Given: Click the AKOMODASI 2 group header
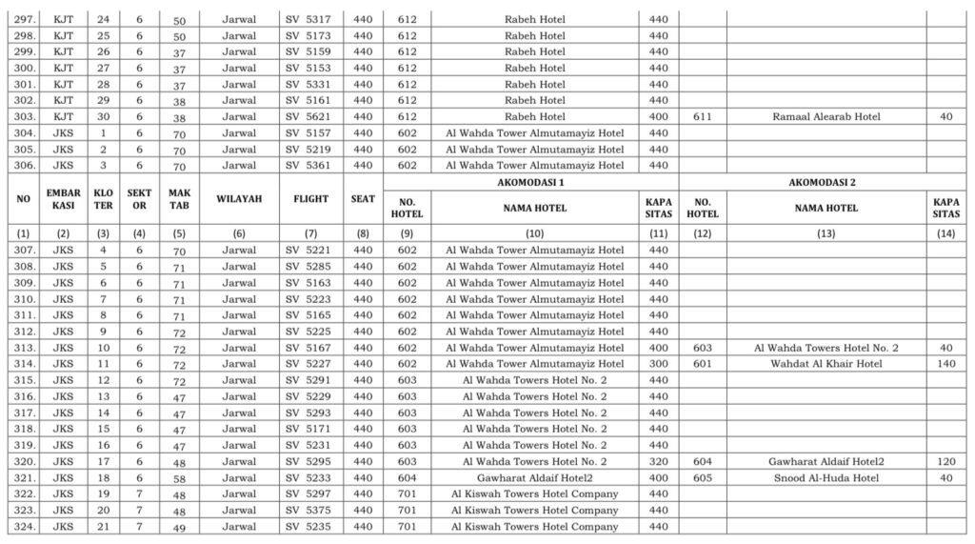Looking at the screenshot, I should (826, 181).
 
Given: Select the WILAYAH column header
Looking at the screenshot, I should (239, 199).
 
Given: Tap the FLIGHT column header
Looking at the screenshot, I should (310, 199).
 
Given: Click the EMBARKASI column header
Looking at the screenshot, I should (64, 199).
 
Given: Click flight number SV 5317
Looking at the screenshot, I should (308, 19).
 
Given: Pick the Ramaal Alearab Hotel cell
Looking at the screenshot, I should (826, 116).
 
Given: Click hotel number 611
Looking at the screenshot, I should (703, 116).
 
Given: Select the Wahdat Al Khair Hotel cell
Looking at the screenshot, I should (826, 364).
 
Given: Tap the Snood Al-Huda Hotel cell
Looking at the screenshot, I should (826, 477).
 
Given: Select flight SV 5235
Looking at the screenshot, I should (308, 526).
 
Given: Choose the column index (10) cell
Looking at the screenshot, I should (534, 232).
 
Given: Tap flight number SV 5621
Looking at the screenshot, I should (308, 116).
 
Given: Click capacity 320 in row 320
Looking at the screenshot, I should (658, 461).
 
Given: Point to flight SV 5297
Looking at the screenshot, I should (308, 494).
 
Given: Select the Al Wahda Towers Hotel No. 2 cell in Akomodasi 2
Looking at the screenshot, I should (826, 348).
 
